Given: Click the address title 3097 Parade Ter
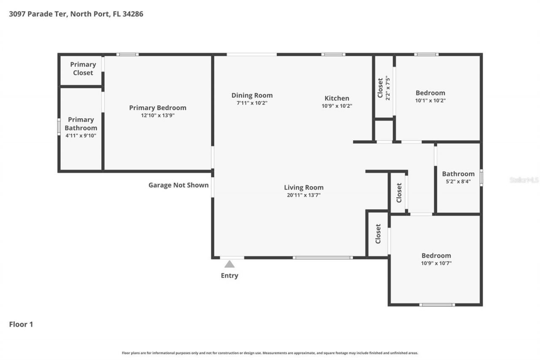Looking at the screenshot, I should [76, 14].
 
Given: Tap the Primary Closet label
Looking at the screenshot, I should [83, 68].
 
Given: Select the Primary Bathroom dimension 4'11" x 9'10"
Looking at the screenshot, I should [81, 135].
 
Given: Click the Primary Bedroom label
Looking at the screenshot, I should [157, 108].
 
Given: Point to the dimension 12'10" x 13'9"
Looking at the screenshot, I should [157, 115].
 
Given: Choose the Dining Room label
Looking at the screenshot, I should [252, 95].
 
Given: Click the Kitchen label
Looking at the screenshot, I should [337, 98].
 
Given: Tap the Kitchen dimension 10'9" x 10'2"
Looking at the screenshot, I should [337, 106].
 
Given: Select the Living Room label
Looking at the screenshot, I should [303, 187].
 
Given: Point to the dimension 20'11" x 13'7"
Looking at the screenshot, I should [303, 195].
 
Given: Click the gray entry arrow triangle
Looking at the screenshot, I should [229, 264].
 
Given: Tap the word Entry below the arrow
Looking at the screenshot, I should [229, 276].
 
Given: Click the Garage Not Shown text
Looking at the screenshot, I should [178, 185].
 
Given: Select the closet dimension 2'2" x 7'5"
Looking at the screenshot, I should [388, 88].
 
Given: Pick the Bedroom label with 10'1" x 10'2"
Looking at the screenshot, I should [430, 93].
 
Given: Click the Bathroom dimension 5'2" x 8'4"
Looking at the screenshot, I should [458, 181].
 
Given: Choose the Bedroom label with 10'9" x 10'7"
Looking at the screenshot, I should [436, 255].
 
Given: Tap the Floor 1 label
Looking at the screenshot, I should [21, 324].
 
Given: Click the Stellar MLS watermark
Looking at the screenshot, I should [524, 180].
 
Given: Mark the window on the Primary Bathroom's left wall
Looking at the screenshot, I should [59, 127].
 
